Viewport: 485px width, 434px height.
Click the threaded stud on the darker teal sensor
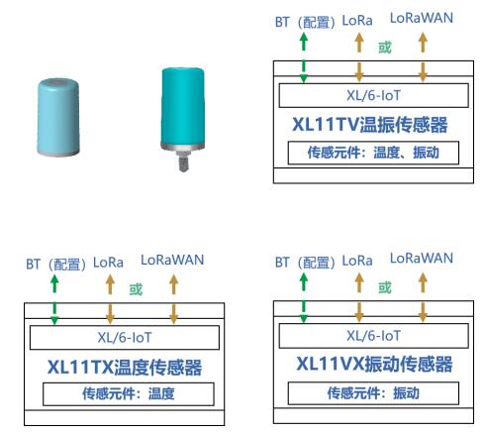click(x=183, y=162)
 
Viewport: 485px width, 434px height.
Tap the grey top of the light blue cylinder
click(x=58, y=82)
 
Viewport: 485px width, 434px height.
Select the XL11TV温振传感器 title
click(x=370, y=125)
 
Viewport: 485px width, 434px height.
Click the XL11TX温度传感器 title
click(x=125, y=367)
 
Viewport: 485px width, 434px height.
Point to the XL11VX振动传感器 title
click(x=374, y=364)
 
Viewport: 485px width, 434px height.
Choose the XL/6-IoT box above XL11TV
click(x=373, y=95)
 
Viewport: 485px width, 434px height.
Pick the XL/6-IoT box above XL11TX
click(x=125, y=338)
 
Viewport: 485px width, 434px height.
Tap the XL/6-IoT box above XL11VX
click(x=373, y=336)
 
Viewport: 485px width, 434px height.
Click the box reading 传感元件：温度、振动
click(x=373, y=153)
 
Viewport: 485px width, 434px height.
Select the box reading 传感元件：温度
click(x=129, y=393)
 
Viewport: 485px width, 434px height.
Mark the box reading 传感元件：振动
click(x=373, y=393)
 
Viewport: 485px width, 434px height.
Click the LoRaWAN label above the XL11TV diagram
click(x=422, y=18)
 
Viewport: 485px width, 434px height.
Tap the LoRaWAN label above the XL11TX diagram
click(x=172, y=260)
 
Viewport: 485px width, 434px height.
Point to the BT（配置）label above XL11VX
click(x=305, y=263)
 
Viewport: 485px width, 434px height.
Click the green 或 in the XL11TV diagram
click(x=385, y=48)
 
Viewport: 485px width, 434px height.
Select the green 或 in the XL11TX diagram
click(x=136, y=289)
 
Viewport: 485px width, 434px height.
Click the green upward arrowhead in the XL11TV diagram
click(x=304, y=38)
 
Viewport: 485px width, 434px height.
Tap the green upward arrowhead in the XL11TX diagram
click(x=54, y=279)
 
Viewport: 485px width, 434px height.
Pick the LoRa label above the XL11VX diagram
click(x=357, y=261)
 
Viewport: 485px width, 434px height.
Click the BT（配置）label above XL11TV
click(x=305, y=23)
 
